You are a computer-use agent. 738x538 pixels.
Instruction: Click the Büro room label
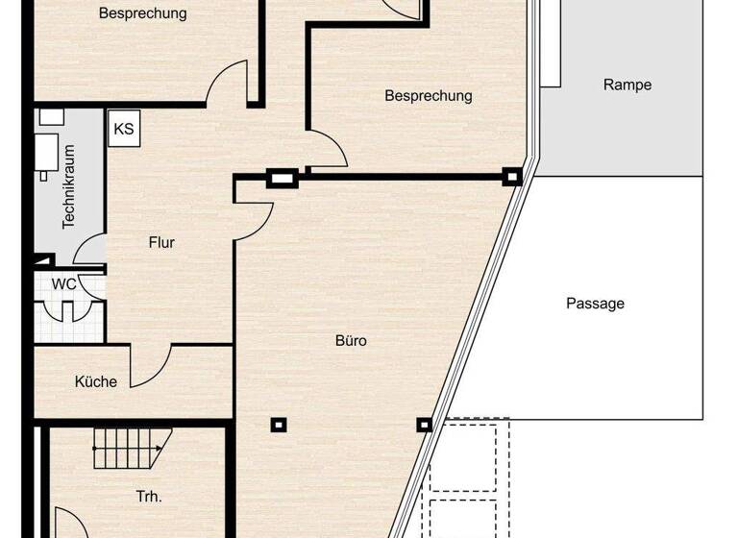click(352, 341)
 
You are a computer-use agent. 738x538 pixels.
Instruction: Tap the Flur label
click(161, 242)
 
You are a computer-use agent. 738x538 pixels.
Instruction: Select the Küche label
click(96, 381)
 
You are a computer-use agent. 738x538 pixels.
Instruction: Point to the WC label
click(64, 284)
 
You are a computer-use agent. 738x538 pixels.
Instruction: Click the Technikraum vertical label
click(68, 197)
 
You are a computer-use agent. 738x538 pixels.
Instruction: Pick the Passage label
click(595, 304)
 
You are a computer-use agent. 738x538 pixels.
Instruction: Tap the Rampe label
click(627, 85)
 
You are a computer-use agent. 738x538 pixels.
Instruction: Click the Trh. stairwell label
click(149, 497)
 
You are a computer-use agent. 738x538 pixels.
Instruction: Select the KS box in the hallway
click(124, 129)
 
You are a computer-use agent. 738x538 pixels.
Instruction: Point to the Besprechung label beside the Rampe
click(429, 96)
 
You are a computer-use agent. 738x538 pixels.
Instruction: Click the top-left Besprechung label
click(143, 13)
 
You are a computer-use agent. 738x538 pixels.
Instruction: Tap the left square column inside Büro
click(278, 424)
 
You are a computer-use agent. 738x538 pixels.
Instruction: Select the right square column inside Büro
click(423, 424)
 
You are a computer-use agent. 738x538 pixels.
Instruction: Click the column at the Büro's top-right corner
click(512, 177)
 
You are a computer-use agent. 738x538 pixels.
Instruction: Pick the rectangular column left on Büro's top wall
click(280, 177)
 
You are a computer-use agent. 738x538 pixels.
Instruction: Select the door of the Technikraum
click(90, 251)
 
